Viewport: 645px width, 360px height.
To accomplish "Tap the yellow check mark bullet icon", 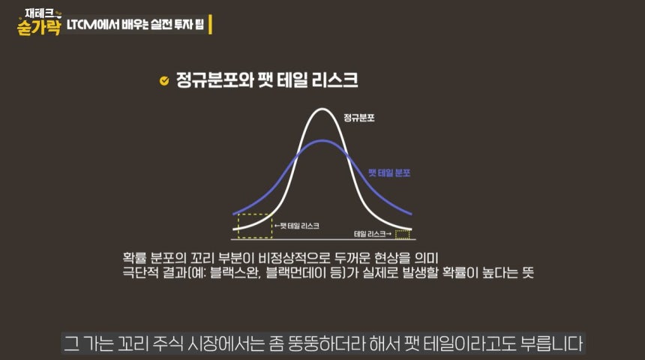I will click(x=164, y=81).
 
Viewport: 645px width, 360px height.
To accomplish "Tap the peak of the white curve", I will click(x=322, y=110).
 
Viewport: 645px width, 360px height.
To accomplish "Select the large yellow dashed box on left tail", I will click(x=253, y=225).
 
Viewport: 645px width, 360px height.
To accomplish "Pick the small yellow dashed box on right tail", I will click(x=403, y=234).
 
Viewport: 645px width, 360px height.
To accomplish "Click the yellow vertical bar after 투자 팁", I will click(x=211, y=24).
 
